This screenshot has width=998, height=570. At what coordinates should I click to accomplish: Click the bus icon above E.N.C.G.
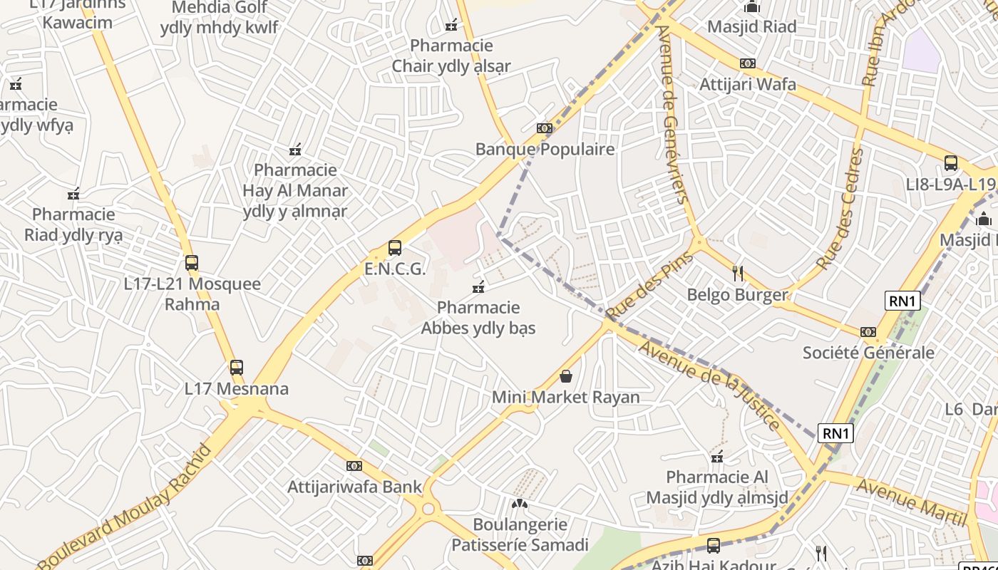pyautogui.click(x=395, y=248)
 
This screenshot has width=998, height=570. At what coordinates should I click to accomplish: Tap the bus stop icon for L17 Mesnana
pyautogui.click(x=237, y=368)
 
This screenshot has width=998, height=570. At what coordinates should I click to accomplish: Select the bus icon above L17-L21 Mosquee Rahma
pyautogui.click(x=191, y=263)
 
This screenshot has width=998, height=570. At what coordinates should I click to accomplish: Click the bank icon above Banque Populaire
pyautogui.click(x=545, y=128)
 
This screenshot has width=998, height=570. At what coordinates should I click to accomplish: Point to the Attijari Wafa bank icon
pyautogui.click(x=747, y=63)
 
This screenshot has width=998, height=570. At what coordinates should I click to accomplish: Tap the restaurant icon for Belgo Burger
pyautogui.click(x=738, y=273)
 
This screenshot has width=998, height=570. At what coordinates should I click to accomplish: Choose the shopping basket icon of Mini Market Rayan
pyautogui.click(x=566, y=375)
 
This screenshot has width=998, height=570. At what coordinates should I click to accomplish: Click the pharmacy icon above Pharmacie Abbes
pyautogui.click(x=478, y=287)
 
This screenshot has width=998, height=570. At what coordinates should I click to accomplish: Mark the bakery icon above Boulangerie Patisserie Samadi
pyautogui.click(x=520, y=504)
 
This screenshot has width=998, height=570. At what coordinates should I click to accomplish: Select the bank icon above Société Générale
pyautogui.click(x=868, y=332)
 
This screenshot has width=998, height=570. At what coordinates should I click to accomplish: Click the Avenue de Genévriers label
pyautogui.click(x=674, y=114)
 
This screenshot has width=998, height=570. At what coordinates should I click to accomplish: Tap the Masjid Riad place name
pyautogui.click(x=751, y=27)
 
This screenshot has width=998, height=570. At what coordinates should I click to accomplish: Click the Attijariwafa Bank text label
pyautogui.click(x=354, y=487)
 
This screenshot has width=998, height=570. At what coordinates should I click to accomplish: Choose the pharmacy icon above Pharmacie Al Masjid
pyautogui.click(x=717, y=457)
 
